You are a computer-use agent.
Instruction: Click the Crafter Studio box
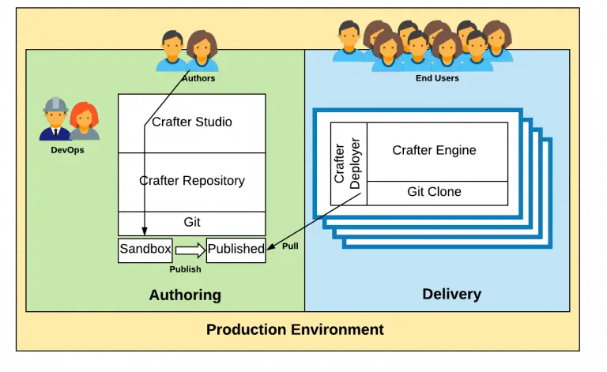(192, 122)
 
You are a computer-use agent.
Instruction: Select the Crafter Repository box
(192, 181)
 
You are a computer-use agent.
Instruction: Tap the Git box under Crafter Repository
(192, 223)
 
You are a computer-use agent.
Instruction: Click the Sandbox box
(145, 250)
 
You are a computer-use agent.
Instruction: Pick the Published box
(236, 250)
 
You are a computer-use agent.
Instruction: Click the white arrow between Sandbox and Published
(190, 250)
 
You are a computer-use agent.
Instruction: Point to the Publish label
(185, 269)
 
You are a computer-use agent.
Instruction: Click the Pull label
(290, 246)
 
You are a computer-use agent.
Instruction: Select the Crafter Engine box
(434, 151)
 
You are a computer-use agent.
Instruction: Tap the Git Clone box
(434, 192)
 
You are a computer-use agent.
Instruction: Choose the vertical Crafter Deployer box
(348, 163)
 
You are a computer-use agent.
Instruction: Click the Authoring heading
(185, 295)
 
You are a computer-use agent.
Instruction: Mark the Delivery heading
(451, 295)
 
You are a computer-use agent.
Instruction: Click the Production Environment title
(295, 329)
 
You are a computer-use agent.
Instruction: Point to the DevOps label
(69, 149)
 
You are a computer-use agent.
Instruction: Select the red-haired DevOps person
(83, 123)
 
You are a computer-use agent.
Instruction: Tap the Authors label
(198, 78)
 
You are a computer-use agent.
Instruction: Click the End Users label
(437, 78)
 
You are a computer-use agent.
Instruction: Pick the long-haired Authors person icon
(202, 51)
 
